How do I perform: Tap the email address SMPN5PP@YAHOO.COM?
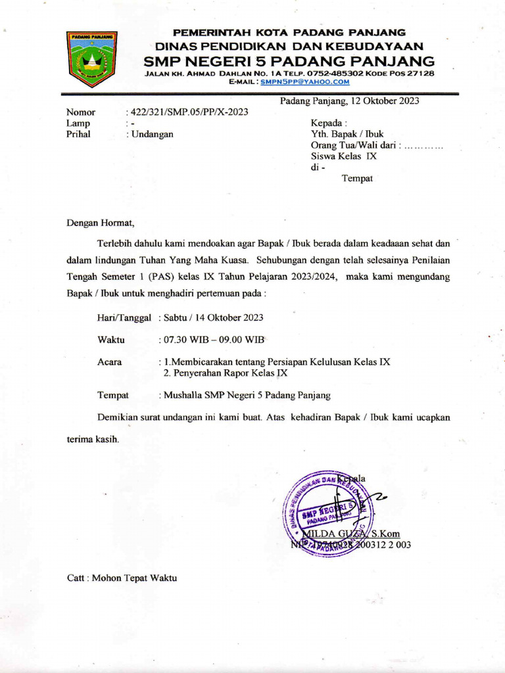pos(304,82)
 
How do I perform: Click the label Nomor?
pos(81,112)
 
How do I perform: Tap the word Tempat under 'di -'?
pos(357,178)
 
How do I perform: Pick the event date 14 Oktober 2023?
pos(226,317)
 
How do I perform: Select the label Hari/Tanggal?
pos(125,317)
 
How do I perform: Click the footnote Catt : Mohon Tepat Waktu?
pos(122,578)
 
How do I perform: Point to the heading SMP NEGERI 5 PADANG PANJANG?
pos(289,60)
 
